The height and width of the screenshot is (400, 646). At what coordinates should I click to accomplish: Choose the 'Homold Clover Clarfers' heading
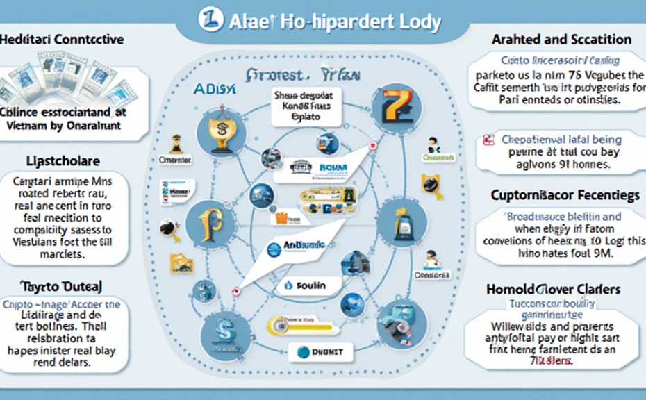pyautogui.click(x=554, y=288)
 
